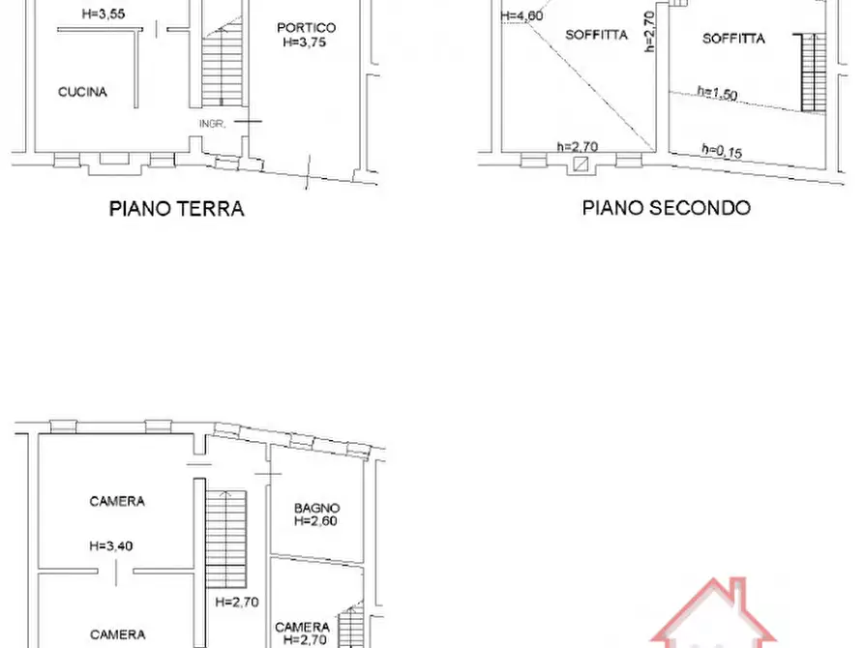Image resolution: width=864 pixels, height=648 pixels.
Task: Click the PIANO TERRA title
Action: click(176, 209)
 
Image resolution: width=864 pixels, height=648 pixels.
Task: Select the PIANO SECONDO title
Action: click(666, 208)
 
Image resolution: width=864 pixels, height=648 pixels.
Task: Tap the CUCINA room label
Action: click(82, 93)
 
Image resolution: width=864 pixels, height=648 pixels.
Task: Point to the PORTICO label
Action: click(306, 28)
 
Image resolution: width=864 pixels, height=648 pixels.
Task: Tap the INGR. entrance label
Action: click(212, 124)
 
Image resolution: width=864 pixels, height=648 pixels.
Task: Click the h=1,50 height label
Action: click(718, 93)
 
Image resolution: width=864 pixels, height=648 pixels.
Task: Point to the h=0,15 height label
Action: click(721, 150)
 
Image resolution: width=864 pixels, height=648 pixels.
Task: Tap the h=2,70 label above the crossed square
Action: click(578, 147)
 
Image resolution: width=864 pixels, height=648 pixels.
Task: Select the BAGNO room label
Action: click(317, 508)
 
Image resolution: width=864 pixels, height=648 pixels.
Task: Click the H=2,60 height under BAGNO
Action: click(317, 521)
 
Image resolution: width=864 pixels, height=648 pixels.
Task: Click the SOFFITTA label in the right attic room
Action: click(734, 39)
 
